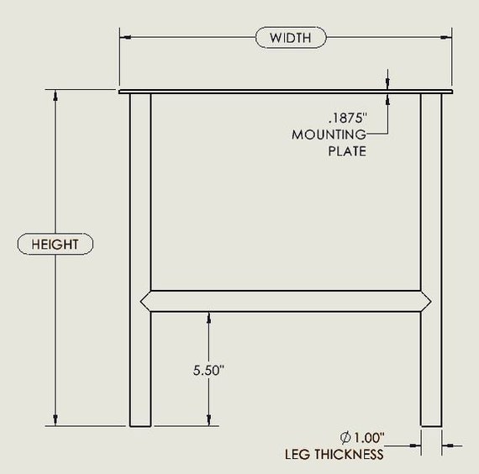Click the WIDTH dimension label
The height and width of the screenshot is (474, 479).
291,38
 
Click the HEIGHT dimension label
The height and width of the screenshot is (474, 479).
55,245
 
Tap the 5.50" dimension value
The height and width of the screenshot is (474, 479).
208,370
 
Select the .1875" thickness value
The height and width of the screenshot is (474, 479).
348,118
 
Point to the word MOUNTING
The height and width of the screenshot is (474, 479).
329,134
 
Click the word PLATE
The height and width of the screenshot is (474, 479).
347,151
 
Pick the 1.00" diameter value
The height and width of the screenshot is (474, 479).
369,437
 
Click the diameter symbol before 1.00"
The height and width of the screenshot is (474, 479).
345,438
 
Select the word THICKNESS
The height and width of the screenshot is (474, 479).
349,455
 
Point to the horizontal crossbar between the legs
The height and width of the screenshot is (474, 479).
286,302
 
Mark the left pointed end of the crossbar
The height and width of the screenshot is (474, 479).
141,302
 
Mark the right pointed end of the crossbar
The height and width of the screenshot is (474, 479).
431,302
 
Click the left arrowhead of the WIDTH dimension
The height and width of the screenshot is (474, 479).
125,37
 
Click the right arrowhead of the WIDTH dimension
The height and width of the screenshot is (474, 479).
445,37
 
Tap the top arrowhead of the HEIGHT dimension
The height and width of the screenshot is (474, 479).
55,95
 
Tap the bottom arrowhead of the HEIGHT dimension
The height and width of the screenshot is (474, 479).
55,420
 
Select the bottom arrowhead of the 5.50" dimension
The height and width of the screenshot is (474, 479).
209,420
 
